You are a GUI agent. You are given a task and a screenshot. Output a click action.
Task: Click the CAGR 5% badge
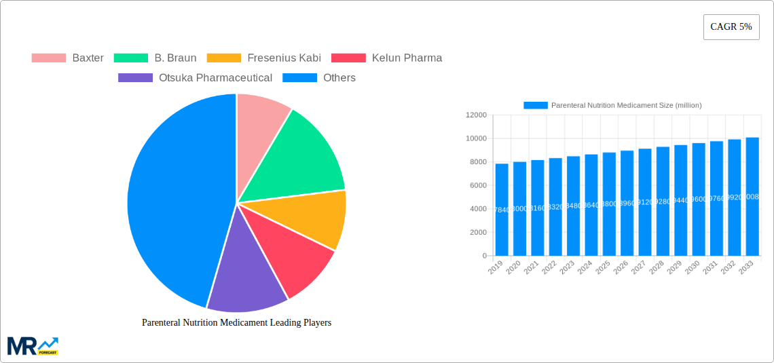pos(731,27)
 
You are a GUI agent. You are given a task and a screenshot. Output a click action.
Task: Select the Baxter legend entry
pos(68,58)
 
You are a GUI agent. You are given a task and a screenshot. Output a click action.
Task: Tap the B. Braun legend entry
pos(155,58)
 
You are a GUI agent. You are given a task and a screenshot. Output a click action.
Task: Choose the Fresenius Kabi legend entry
pos(264,58)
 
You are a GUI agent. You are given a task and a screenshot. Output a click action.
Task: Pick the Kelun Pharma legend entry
pos(386,58)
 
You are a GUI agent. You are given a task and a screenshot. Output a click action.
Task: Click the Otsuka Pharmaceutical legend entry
pos(196,78)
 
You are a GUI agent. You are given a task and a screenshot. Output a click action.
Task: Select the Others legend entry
pos(319,78)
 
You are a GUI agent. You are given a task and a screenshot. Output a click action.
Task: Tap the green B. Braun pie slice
pos(302,156)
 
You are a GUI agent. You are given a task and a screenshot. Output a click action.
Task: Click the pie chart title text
pos(236,323)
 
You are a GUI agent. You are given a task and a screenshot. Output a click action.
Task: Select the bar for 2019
pos(502,210)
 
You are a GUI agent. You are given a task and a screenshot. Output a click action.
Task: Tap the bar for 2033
pos(752,197)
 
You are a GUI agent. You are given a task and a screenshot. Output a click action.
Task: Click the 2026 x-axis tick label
pos(621,269)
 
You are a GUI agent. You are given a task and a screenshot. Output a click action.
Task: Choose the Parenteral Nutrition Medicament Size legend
pos(612,105)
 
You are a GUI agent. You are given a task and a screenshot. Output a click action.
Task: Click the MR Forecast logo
pos(33,345)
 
